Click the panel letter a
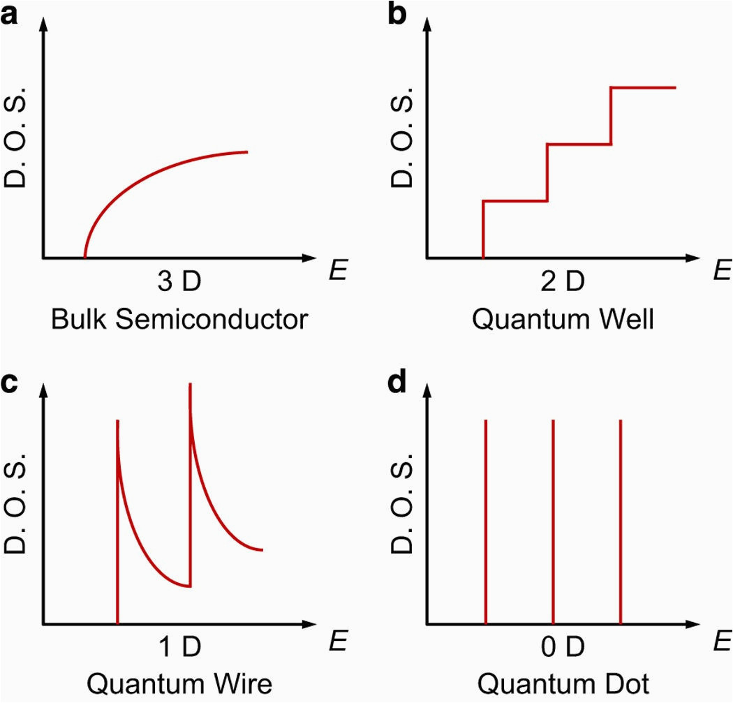[x=9, y=16]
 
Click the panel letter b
[x=397, y=13]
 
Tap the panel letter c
[x=9, y=383]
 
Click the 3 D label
[x=179, y=281]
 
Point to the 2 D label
[x=563, y=281]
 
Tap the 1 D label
[x=180, y=647]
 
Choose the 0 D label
[x=563, y=647]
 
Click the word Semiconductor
[x=212, y=319]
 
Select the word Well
[x=626, y=319]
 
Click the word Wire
[x=243, y=684]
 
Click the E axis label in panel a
[x=337, y=270]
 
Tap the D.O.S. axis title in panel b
[x=401, y=137]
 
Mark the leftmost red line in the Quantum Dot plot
[x=486, y=521]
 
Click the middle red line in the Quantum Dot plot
[x=553, y=521]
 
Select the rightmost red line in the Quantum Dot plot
[x=621, y=521]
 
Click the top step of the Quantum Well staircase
[x=643, y=87]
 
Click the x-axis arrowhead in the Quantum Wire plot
[x=309, y=624]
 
